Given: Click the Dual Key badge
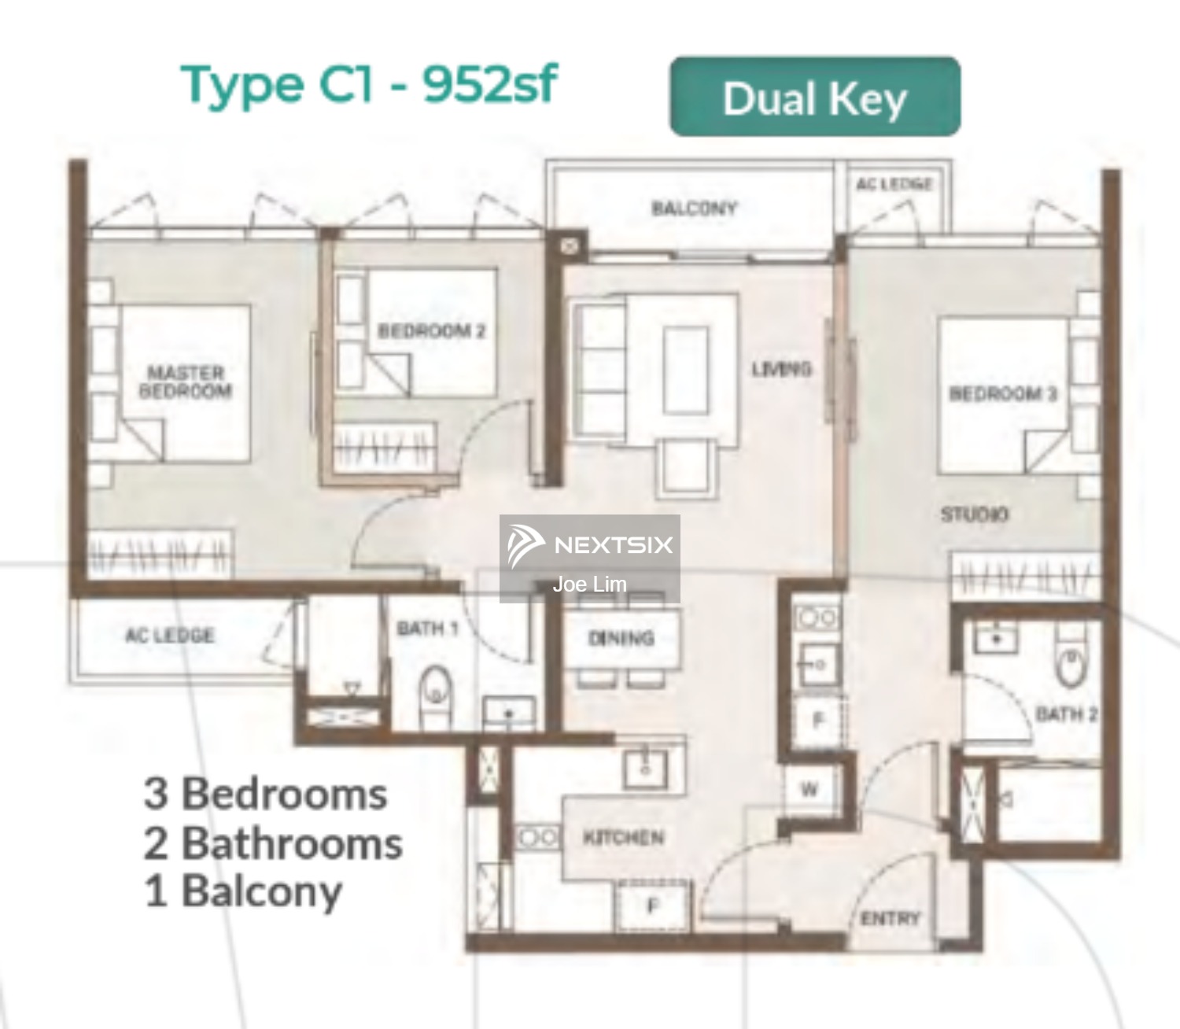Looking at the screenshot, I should point(814,97).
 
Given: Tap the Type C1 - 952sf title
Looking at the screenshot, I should point(369,83).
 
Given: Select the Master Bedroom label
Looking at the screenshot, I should point(186,382).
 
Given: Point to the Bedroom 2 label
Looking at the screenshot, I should point(431,331).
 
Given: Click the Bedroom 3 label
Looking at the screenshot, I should point(1003,393).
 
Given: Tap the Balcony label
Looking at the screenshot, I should point(694,208).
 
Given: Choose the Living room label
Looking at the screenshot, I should point(781,369).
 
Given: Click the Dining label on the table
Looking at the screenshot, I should point(621,638).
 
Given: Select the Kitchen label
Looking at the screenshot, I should point(623,838).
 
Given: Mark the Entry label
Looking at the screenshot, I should point(890,918).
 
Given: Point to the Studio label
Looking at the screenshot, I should point(974,514).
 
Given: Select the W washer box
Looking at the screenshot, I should point(809,789).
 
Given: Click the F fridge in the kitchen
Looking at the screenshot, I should point(652,907).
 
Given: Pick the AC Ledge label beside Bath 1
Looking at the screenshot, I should point(169,635).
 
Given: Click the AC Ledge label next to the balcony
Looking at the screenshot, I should point(894,184).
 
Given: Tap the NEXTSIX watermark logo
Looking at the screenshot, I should point(590,544).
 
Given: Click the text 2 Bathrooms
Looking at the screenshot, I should point(273,843).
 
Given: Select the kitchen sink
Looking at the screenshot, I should point(645,767).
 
